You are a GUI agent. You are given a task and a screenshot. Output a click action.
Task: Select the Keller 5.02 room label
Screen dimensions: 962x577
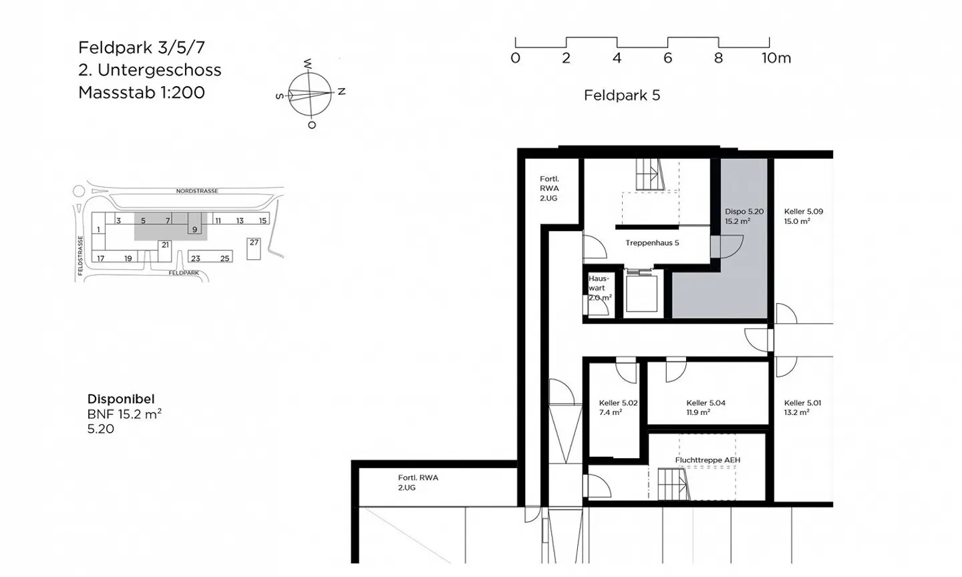(618, 407)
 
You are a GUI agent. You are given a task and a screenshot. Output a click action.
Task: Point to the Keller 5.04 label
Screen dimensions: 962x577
(705, 407)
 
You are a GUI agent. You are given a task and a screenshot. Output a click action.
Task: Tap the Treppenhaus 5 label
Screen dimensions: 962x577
(652, 243)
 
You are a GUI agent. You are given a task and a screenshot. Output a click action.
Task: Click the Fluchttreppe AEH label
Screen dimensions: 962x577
(707, 460)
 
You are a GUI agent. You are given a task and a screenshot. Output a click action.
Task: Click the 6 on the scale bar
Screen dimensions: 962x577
(667, 58)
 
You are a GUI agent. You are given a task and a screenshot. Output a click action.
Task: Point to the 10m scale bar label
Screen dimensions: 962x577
(776, 58)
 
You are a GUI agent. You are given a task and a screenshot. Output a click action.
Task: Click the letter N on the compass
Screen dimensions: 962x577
(341, 91)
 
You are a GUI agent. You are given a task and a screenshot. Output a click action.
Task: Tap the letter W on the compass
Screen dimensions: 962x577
(308, 64)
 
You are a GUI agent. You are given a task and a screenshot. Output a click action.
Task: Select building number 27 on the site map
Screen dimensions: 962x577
(254, 242)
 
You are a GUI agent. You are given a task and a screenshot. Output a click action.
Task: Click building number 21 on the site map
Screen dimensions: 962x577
(165, 245)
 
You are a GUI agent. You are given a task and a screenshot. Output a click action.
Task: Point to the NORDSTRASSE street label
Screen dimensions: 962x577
(197, 190)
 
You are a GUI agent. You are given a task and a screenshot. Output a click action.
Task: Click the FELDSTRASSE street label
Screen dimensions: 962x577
(80, 255)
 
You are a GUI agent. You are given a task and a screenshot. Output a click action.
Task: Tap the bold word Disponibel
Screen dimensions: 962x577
(121, 399)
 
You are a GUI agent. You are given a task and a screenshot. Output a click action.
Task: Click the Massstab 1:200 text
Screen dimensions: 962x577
(142, 93)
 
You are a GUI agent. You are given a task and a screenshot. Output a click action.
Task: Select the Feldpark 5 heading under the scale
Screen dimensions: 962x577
(621, 95)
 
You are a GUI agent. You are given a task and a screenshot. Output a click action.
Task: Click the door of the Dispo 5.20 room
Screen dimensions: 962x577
(728, 247)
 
